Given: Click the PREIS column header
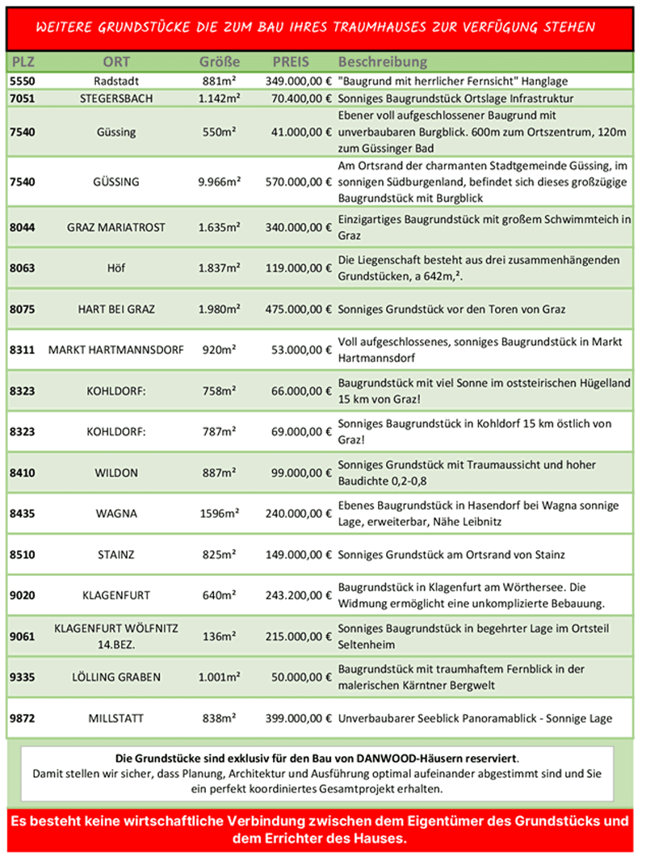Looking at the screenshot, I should click(x=292, y=62).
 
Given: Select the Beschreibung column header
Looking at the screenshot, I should click(x=383, y=62).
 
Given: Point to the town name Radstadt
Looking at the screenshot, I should click(x=115, y=82).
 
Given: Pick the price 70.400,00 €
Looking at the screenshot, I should click(x=299, y=99).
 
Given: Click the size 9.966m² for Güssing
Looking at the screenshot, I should click(x=220, y=183).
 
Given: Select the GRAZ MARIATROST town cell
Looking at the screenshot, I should click(x=115, y=228).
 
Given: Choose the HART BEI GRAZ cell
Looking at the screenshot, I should click(x=116, y=309).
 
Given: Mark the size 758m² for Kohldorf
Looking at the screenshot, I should click(x=220, y=391).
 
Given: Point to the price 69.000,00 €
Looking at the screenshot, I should click(x=299, y=432).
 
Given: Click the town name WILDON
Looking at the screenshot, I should click(x=115, y=473).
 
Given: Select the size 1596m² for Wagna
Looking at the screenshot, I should click(x=220, y=514).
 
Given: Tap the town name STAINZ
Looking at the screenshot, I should click(x=115, y=555).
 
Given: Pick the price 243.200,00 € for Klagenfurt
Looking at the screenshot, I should click(x=299, y=596).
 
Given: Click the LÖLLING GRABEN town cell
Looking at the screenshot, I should click(x=115, y=678).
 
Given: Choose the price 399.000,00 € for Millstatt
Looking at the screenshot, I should click(x=299, y=718).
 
